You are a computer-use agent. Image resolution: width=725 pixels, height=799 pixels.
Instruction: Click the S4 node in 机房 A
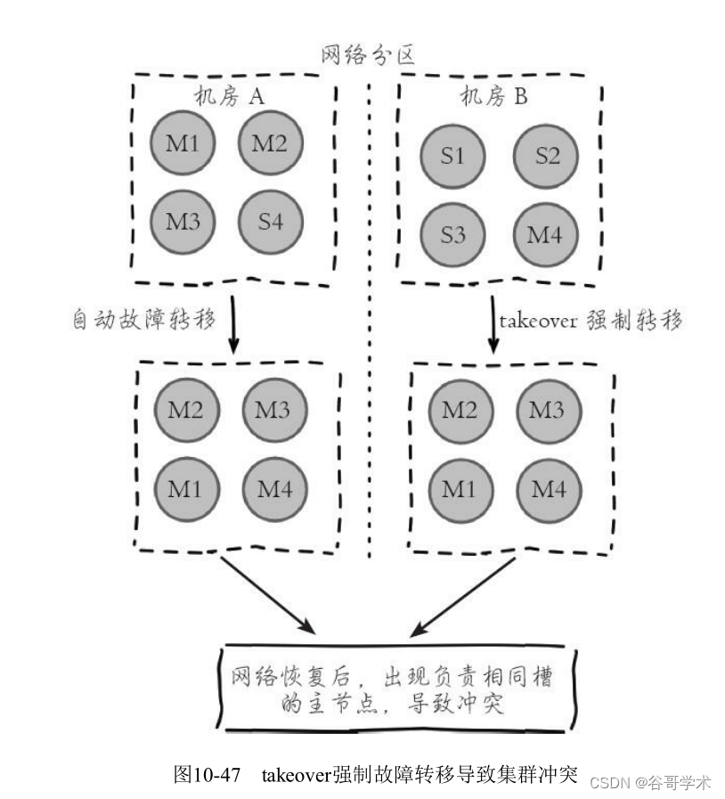pyautogui.click(x=271, y=220)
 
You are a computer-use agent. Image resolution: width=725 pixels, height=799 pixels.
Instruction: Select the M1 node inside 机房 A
pyautogui.click(x=183, y=143)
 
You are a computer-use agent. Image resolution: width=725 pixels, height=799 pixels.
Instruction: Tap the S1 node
pyautogui.click(x=452, y=156)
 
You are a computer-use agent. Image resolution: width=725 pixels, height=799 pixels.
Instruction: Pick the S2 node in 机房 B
pyautogui.click(x=547, y=156)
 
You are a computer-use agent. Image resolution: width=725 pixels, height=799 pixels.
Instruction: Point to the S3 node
pyautogui.click(x=452, y=236)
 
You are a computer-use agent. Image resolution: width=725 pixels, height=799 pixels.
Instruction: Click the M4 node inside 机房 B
pyautogui.click(x=547, y=236)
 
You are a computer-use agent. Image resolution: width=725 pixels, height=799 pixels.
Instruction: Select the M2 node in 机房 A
pyautogui.click(x=271, y=143)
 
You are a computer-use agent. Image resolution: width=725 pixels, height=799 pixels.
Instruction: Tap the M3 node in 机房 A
pyautogui.click(x=183, y=220)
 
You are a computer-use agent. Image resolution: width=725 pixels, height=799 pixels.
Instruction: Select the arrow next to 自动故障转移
pyautogui.click(x=233, y=322)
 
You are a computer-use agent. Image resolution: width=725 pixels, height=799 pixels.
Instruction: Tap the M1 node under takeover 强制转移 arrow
pyautogui.click(x=460, y=489)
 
